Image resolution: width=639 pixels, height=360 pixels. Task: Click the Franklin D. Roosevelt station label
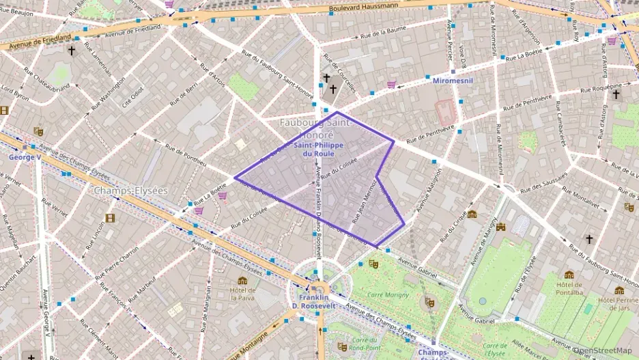click(315, 301)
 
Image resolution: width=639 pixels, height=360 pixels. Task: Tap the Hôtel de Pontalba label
click(569, 288)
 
